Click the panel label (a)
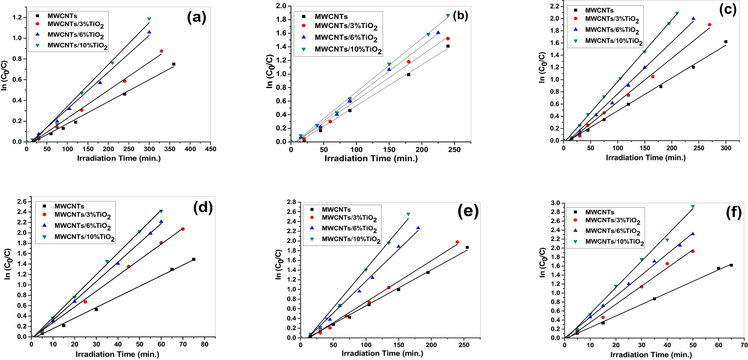click(196, 18)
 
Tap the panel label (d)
click(203, 207)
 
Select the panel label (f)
click(733, 212)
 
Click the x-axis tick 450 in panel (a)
click(211, 149)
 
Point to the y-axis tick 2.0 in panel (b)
click(281, 6)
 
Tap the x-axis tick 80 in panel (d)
click(205, 344)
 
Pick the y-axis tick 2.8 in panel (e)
click(291, 202)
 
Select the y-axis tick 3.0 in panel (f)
click(555, 203)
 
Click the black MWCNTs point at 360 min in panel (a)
click(174, 64)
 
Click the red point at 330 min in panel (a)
click(161, 51)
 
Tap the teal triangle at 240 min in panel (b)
click(448, 16)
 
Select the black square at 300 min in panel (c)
click(726, 42)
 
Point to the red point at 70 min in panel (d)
click(183, 229)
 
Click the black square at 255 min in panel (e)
click(467, 247)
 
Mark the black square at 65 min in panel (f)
click(731, 265)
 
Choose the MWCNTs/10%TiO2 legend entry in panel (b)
click(348, 49)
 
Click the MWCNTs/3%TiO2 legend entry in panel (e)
click(349, 218)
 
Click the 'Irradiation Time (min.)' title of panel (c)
click(646, 158)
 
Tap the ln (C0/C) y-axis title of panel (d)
click(7, 264)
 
